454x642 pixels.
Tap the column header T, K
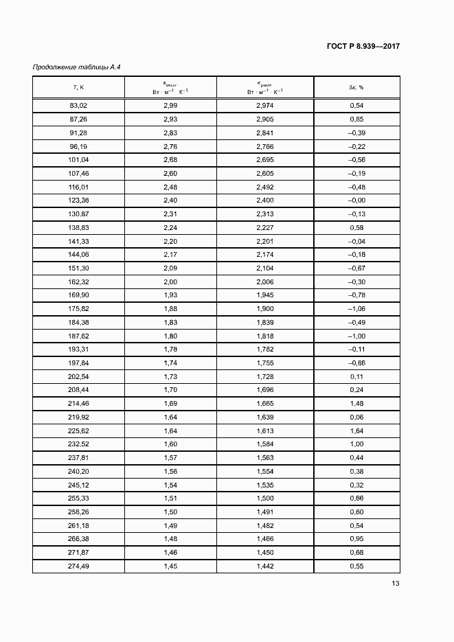point(78,87)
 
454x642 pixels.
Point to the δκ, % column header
point(356,87)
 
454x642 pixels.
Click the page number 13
point(395,584)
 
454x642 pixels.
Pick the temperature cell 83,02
point(78,105)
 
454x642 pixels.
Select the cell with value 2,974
point(265,105)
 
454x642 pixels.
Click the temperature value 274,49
point(78,566)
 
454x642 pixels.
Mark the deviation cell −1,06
point(356,309)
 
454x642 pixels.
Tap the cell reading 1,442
point(265,566)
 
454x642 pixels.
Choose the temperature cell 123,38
point(78,200)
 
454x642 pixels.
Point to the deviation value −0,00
point(356,200)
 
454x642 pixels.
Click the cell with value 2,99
point(170,105)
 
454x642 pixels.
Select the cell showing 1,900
point(265,309)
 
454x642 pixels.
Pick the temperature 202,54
point(78,377)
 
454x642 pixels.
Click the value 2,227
point(265,228)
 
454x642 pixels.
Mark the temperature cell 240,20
point(78,472)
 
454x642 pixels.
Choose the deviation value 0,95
point(356,539)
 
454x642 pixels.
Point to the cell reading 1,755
point(265,363)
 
